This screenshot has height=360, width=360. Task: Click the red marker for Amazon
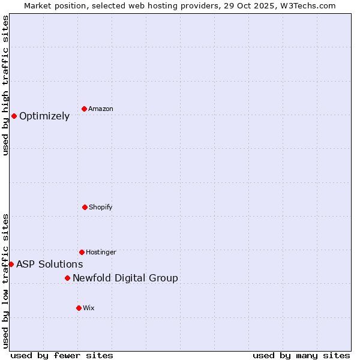[84, 109]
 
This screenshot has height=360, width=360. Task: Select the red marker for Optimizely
[14, 116]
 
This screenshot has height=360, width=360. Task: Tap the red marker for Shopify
[85, 207]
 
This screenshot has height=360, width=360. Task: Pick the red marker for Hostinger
[82, 252]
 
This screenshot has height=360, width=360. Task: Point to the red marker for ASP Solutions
[11, 264]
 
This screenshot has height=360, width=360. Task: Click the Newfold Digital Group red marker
[67, 278]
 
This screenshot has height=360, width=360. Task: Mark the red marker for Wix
[79, 308]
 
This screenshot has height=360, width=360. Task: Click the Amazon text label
[101, 109]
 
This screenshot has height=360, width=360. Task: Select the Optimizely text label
[44, 116]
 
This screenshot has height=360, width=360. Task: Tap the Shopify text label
[101, 207]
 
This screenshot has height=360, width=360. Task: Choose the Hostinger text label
[101, 252]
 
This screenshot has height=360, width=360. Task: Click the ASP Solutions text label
[50, 264]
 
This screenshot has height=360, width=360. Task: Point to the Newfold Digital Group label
[125, 278]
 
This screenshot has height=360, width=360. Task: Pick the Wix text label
[89, 308]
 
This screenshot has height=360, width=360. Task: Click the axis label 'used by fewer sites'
[62, 355]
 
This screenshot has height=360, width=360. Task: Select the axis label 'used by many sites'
[301, 355]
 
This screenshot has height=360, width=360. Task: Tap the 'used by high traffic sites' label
[5, 85]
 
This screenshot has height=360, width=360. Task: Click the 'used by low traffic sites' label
[5, 281]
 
